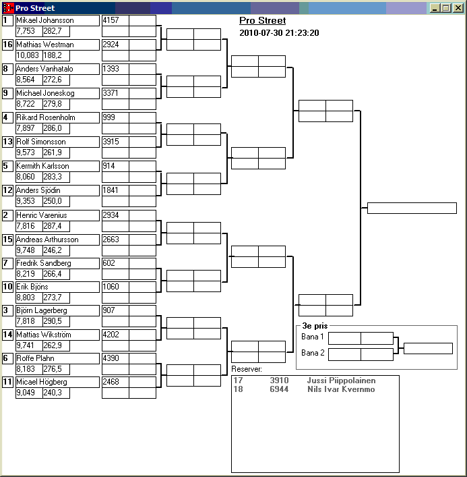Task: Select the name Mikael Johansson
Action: pyautogui.click(x=45, y=20)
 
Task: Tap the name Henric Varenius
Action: pyautogui.click(x=41, y=215)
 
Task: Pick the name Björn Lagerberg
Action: pyautogui.click(x=42, y=310)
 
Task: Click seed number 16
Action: pyautogui.click(x=8, y=45)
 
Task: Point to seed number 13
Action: pyautogui.click(x=8, y=142)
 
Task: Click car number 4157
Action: pyautogui.click(x=111, y=20)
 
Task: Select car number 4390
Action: pyautogui.click(x=111, y=358)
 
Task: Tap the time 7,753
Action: pyautogui.click(x=25, y=32)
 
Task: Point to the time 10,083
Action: pyautogui.click(x=28, y=55)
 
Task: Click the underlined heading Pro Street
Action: pyautogui.click(x=263, y=21)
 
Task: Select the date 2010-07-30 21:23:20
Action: pyautogui.click(x=279, y=32)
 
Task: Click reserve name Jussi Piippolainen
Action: pyautogui.click(x=341, y=381)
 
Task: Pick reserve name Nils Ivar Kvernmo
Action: pyautogui.click(x=341, y=389)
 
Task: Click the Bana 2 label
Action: pyautogui.click(x=313, y=353)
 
